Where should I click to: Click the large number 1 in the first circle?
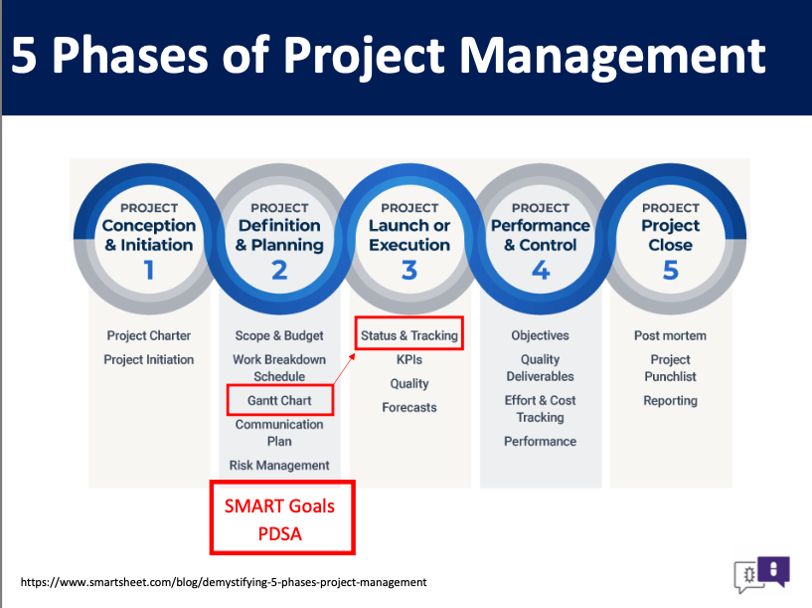pos(149,270)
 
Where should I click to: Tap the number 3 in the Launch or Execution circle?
pos(409,270)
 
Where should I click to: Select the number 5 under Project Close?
pos(671,270)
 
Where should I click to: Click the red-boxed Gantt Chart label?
pos(279,400)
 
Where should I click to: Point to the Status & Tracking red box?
pos(409,333)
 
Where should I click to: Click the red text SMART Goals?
pos(279,506)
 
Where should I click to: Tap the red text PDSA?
pos(279,534)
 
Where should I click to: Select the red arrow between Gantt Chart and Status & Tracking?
pos(344,368)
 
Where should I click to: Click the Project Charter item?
pos(149,336)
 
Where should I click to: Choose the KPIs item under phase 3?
pos(409,359)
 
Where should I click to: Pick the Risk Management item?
pos(279,466)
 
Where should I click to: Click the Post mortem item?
pos(670,336)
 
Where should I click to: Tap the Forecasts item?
pos(409,407)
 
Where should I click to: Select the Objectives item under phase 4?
pos(540,336)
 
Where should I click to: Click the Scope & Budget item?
pos(279,336)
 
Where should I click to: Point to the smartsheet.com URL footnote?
pos(224,582)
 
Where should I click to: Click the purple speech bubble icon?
pos(773,570)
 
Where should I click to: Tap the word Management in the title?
pos(612,56)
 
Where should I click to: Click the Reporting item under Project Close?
pos(670,401)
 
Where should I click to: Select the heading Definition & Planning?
pos(279,235)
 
